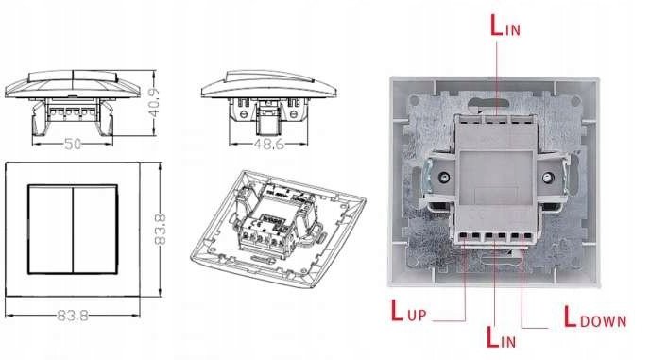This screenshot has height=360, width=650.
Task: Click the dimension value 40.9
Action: click(153, 103)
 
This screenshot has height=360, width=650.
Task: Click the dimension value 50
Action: click(73, 144)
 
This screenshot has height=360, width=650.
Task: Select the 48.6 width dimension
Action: click(268, 144)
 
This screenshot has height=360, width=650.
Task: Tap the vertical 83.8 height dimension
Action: click(160, 230)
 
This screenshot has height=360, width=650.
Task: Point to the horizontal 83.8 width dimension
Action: click(73, 316)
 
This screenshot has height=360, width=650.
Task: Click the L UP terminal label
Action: click(409, 311)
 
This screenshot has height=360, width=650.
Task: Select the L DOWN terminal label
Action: click(595, 317)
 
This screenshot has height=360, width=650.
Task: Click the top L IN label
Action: click(505, 26)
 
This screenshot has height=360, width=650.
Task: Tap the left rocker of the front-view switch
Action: click(51, 230)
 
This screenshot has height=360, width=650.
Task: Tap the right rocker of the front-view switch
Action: click(95, 230)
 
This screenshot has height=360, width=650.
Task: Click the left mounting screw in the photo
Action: click(444, 178)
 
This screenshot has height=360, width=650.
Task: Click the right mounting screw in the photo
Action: click(548, 178)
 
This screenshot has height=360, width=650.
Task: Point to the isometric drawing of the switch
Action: click(278, 229)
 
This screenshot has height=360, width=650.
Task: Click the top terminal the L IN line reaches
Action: click(496, 120)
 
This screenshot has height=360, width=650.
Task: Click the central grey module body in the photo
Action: click(496, 179)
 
